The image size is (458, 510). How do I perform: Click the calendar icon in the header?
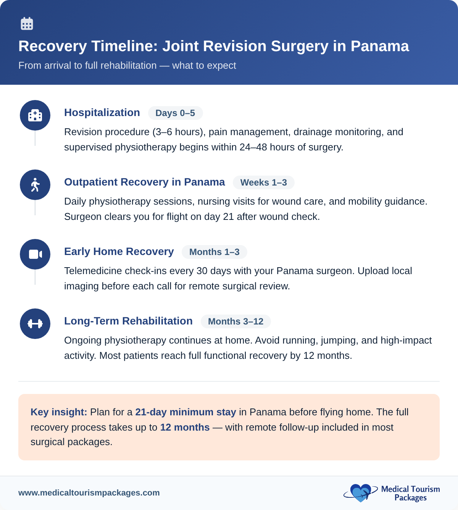point(27,24)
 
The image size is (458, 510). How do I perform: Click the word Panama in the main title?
point(380,46)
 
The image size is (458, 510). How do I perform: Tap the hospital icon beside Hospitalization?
point(35,115)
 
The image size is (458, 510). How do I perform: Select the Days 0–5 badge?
point(175,113)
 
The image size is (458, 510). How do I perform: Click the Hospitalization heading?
point(102,113)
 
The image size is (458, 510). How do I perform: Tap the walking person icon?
point(35,185)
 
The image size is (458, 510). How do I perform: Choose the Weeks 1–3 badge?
point(263,182)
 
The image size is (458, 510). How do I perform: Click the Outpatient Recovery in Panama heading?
point(144,182)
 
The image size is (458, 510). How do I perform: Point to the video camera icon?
point(35,254)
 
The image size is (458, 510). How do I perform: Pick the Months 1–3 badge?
point(214,252)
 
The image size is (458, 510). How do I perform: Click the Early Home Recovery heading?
point(119,252)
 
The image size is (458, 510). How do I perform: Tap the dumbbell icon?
point(35,324)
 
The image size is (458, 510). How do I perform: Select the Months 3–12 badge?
point(235,321)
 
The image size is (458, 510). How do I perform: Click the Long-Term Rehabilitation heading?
point(128,321)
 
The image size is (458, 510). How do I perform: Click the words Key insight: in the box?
point(59,412)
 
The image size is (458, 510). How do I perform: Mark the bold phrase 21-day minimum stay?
point(185,412)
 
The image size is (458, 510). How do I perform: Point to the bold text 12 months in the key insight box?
point(185,427)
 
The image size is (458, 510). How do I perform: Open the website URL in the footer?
point(89,493)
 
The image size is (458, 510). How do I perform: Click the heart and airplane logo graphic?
point(360,493)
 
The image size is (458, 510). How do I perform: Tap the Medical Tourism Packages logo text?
point(410,493)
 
